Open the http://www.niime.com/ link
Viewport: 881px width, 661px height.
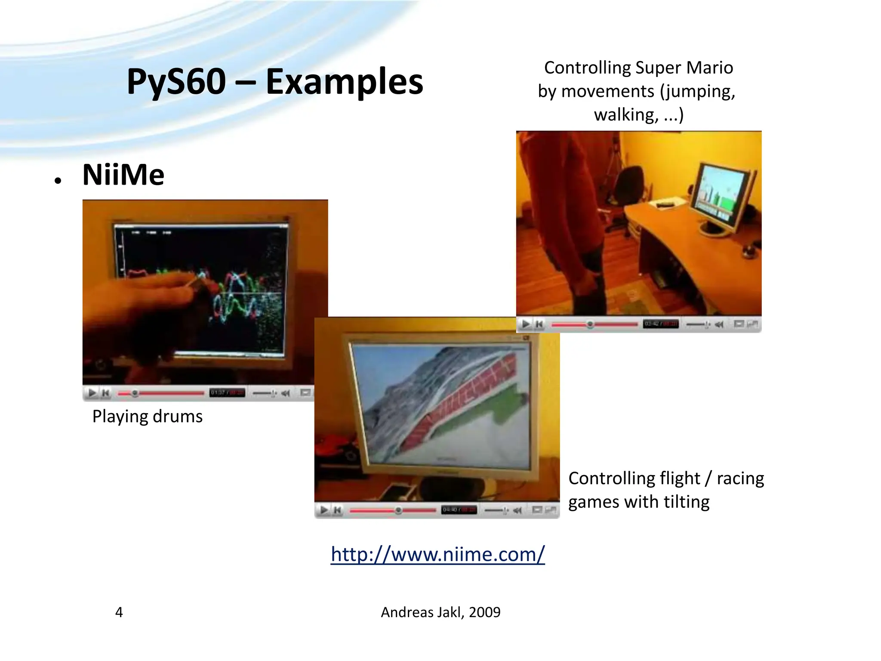pyautogui.click(x=437, y=554)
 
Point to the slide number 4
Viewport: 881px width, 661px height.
pyautogui.click(x=119, y=612)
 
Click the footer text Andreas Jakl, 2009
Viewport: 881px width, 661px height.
pyautogui.click(x=440, y=612)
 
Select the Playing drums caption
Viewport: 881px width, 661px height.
pyautogui.click(x=147, y=417)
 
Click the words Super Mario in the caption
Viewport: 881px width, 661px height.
pyautogui.click(x=684, y=68)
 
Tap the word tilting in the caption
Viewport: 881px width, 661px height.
pyautogui.click(x=686, y=502)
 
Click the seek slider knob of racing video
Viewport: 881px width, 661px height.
pyautogui.click(x=398, y=510)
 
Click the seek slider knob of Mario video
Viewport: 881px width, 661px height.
pyautogui.click(x=590, y=324)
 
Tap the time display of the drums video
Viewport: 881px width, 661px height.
pyautogui.click(x=227, y=393)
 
